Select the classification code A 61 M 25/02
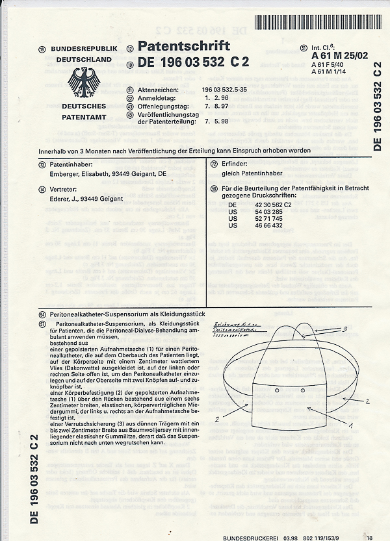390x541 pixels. (340, 56)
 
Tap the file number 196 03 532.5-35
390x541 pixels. (224, 90)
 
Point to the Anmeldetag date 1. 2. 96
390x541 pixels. (216, 97)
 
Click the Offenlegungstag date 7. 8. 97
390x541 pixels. (216, 105)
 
